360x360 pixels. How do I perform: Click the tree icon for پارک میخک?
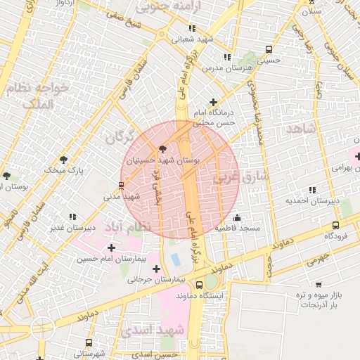tap(64, 160)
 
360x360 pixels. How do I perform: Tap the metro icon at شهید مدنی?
tap(122, 186)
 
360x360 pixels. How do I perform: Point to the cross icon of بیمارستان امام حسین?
tap(112, 247)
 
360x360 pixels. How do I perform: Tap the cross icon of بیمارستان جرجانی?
tap(156, 269)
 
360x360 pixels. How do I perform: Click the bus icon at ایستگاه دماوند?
tap(200, 285)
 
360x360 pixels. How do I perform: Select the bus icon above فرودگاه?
tap(335, 226)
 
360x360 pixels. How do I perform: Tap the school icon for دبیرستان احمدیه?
tap(311, 190)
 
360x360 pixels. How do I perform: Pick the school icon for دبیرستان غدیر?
tap(72, 217)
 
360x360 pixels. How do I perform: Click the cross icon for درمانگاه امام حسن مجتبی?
tap(213, 102)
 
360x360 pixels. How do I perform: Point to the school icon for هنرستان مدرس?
tap(226, 57)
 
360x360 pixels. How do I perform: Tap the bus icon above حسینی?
tap(269, 49)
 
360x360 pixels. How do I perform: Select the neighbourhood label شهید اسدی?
tap(153, 330)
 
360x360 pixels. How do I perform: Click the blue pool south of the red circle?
tap(174, 259)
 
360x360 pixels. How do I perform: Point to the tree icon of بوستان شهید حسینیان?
tap(163, 149)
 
